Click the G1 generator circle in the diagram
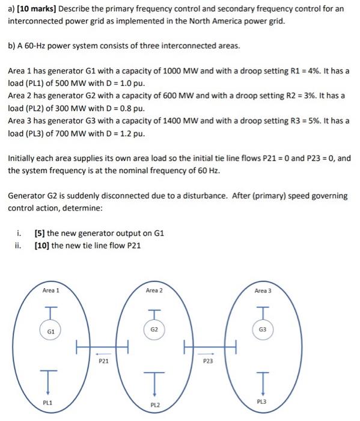pos(51,331)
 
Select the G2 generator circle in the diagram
pos(154,329)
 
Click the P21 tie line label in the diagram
pos(104,362)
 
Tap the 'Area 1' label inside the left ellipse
pos(51,290)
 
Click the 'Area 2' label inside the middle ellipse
pos(154,290)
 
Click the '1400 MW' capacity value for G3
pos(206,121)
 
